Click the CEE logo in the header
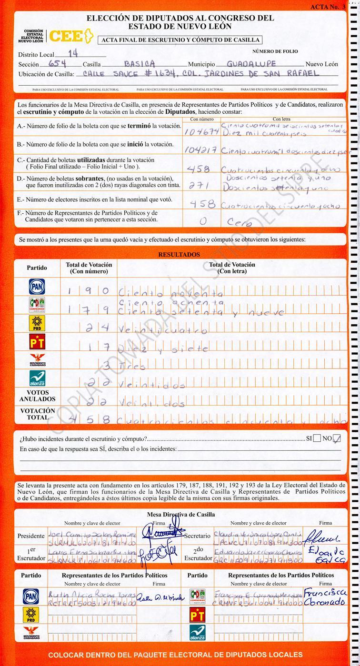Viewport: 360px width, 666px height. point(69,36)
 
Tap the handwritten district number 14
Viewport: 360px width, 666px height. point(73,54)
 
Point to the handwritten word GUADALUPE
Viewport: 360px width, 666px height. point(250,63)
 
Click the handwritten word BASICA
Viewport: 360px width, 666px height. point(139,63)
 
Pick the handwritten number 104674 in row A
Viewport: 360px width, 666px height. point(201,131)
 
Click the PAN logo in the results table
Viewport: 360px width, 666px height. point(37,286)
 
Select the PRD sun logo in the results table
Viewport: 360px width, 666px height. point(37,324)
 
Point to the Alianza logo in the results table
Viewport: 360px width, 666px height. point(37,378)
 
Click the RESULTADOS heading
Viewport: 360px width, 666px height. point(179,255)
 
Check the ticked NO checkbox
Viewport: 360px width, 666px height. point(337,438)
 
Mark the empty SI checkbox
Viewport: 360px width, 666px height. point(317,438)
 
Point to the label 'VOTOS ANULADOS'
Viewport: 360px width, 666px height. point(37,396)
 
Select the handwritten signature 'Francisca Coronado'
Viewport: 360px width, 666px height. point(326,597)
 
